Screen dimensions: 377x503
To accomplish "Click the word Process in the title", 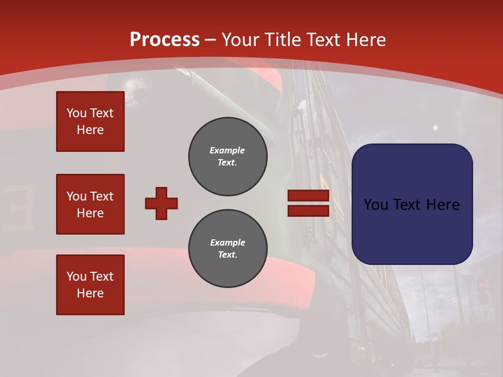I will click(165, 39).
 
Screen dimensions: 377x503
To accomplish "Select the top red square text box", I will click(90, 121).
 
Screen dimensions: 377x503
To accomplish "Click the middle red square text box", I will click(90, 204).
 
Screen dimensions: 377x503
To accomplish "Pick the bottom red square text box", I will click(90, 284).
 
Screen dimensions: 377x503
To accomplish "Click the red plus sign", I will click(161, 203).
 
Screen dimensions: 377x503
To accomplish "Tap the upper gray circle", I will click(227, 157).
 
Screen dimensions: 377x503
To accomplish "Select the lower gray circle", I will click(227, 249).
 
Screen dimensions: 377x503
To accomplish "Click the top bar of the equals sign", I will click(308, 196).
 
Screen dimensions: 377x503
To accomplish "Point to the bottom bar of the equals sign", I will click(308, 210).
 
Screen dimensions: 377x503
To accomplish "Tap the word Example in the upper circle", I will click(227, 150).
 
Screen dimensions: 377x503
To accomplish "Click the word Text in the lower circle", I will click(227, 255).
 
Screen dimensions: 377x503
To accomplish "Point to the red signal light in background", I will click(481, 285).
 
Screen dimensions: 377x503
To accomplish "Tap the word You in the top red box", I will click(76, 113).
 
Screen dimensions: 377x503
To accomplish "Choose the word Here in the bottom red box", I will click(90, 293).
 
